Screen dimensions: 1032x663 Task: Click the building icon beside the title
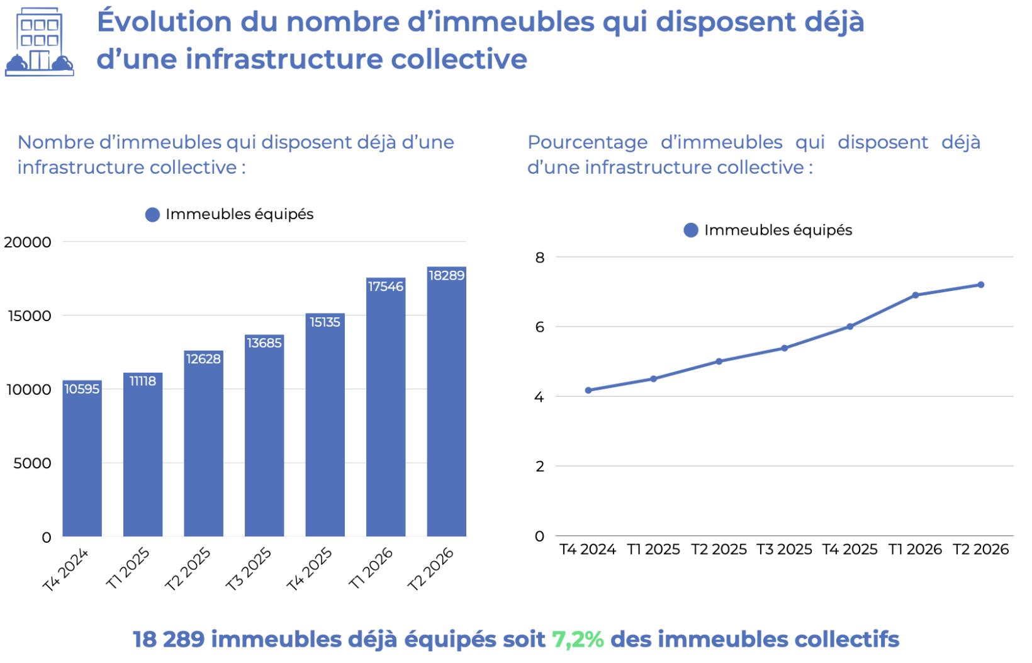tap(39, 42)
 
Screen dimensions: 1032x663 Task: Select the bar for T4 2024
tap(82, 458)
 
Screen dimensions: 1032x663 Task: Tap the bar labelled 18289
tap(446, 402)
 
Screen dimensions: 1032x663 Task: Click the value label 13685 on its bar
tap(264, 343)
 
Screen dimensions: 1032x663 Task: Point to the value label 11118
tap(143, 382)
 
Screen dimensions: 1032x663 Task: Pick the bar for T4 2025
tap(325, 424)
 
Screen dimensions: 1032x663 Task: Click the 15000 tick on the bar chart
tap(30, 316)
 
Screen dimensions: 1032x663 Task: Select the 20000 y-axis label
tap(28, 242)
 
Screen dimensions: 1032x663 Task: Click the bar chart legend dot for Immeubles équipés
tap(152, 215)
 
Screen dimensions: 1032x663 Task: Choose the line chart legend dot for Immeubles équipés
tap(690, 230)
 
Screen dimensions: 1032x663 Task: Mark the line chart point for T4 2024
tap(588, 390)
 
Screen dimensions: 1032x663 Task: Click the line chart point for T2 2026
tap(981, 285)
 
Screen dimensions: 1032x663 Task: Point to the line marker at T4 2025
tap(850, 326)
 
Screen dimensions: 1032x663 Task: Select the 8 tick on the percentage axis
tap(540, 258)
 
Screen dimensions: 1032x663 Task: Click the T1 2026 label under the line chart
tap(915, 550)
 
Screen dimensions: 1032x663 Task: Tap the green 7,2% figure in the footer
tap(578, 640)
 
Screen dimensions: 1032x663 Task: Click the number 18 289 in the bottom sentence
tap(169, 640)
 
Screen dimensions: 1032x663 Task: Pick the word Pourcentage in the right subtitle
tap(587, 143)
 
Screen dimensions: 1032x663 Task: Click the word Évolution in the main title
tap(164, 21)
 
